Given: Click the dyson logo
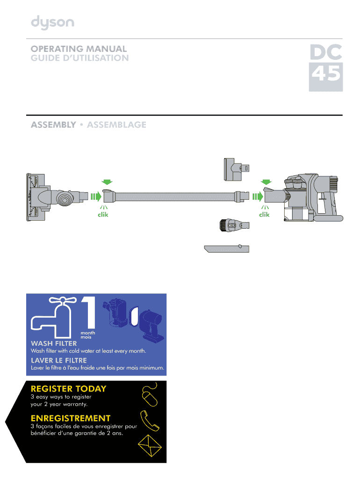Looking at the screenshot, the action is (52, 22).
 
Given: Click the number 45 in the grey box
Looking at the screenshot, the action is (326, 74).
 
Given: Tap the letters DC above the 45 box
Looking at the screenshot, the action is (326, 52).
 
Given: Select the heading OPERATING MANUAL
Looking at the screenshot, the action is (79, 49).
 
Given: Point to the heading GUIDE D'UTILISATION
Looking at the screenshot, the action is (79, 58).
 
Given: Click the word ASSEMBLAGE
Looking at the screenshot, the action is (116, 124).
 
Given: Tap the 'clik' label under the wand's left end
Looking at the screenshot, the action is (103, 214).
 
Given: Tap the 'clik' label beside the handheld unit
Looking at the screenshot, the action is (264, 214).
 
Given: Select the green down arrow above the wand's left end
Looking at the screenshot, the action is (107, 182).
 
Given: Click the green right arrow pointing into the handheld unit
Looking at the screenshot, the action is (258, 196).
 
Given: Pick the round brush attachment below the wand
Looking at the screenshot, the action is (234, 225).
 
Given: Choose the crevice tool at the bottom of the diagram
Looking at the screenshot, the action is (227, 248).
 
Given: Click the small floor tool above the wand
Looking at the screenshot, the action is (236, 169).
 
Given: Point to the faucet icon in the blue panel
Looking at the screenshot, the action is (54, 318).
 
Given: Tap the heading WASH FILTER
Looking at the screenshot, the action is (54, 343).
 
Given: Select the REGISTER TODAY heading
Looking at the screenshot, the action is (68, 389).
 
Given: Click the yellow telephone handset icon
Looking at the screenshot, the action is (149, 421).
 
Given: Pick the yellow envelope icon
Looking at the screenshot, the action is (150, 446).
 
